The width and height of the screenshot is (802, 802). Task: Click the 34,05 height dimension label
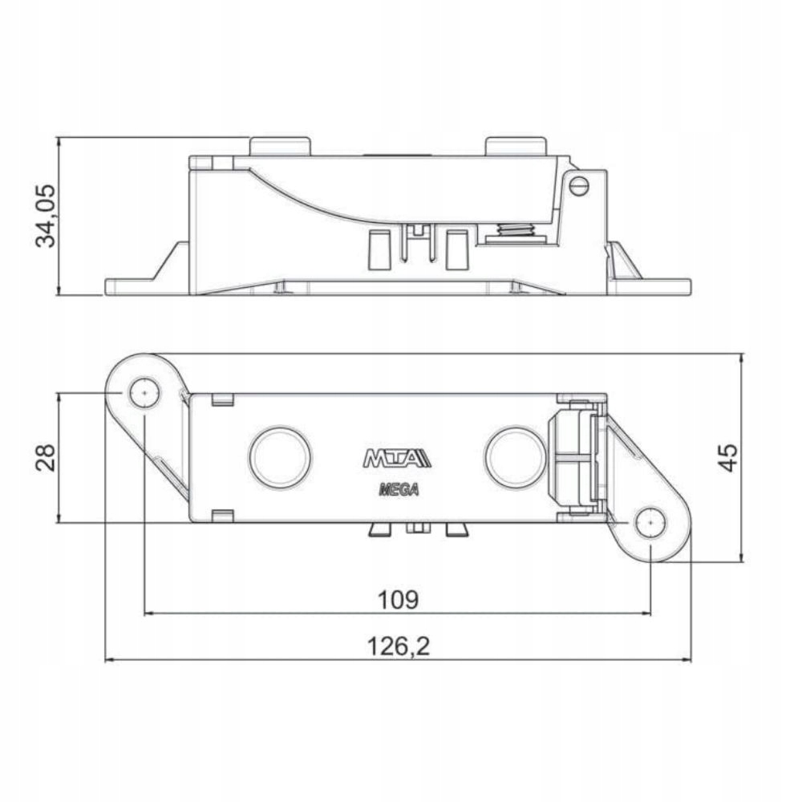coord(46,216)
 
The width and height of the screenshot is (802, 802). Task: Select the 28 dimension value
coord(47,458)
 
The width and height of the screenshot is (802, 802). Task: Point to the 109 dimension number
coord(397,599)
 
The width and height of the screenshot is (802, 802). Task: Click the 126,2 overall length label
coord(397,646)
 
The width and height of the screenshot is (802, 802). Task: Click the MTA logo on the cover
coord(397,459)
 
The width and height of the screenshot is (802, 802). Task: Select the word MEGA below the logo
coord(398,491)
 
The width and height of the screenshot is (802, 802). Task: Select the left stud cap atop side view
coord(280,146)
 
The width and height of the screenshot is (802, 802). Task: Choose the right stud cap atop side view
coord(516,146)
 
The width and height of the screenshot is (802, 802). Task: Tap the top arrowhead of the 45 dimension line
coord(741,358)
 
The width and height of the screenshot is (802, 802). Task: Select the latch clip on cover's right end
coord(576,458)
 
